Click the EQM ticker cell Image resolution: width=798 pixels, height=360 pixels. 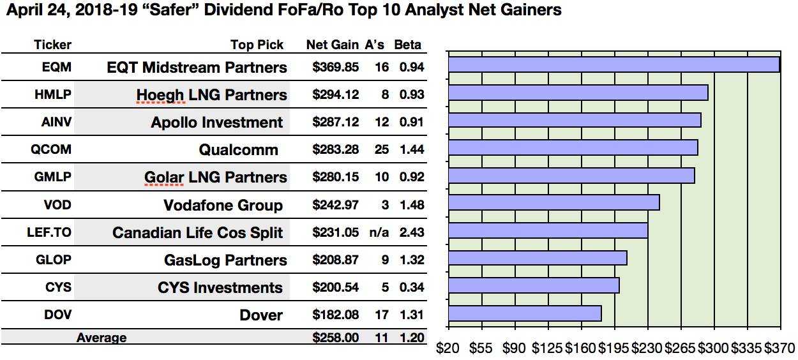coord(53,67)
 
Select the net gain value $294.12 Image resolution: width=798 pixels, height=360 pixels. coord(336,95)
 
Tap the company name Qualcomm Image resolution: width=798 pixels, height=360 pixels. coord(238,150)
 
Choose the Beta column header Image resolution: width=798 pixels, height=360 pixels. coord(408,45)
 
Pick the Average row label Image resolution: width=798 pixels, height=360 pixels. coord(102,338)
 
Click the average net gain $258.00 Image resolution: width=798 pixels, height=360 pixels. coord(336,338)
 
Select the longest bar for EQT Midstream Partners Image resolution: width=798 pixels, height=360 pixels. coord(614,64)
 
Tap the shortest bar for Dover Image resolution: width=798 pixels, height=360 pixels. coord(525,313)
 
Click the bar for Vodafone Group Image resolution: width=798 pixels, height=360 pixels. coord(553,202)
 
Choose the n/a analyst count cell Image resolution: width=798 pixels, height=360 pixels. coord(377,233)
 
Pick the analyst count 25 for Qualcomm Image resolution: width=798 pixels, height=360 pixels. coord(382,150)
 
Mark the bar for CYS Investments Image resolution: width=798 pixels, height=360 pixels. coord(534,285)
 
